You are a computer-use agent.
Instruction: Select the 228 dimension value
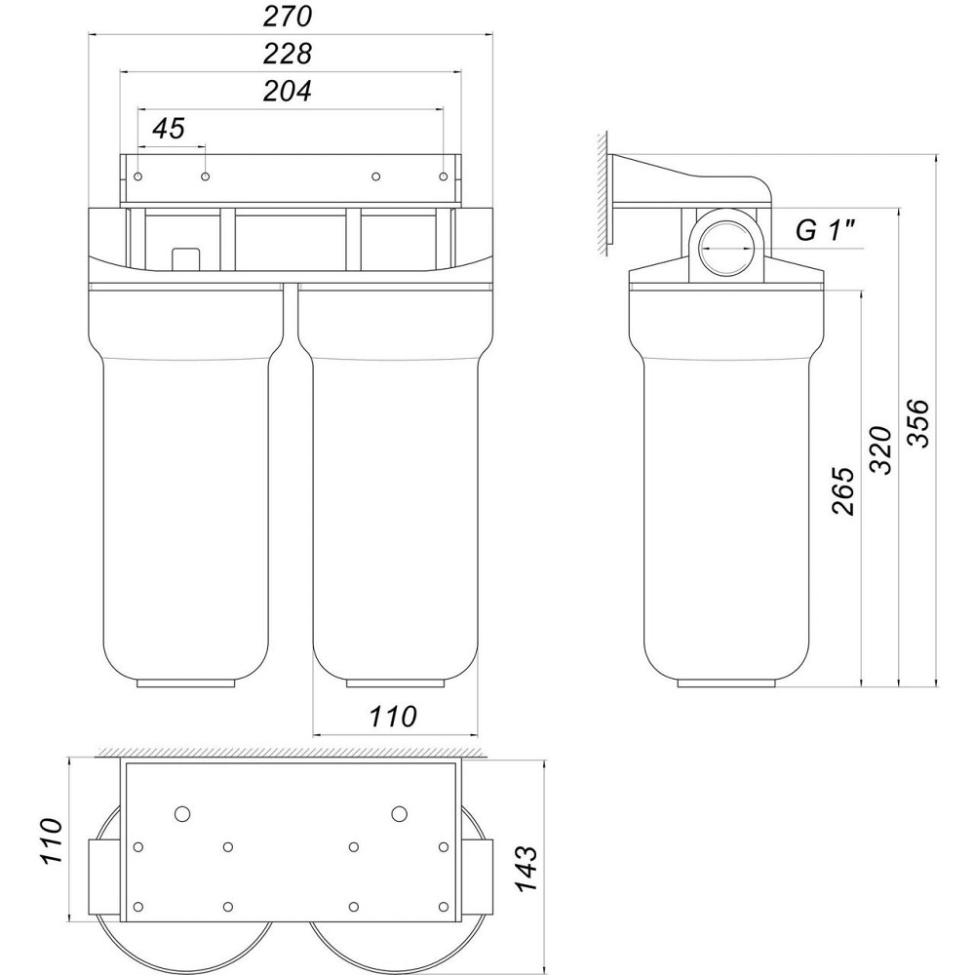[x=289, y=54]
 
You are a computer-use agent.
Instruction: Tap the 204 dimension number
[x=289, y=92]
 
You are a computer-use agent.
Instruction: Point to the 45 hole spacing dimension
[x=169, y=130]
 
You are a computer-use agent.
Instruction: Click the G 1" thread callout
[x=825, y=232]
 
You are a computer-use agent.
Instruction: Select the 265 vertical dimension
[x=843, y=490]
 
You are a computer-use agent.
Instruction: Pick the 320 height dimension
[x=880, y=449]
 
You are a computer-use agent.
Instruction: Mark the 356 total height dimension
[x=918, y=422]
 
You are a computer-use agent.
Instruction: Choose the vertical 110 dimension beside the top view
[x=51, y=844]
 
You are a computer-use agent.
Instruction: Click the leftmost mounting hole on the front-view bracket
[x=139, y=177]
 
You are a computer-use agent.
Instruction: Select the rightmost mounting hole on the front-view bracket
[x=444, y=177]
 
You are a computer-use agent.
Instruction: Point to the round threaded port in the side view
[x=725, y=248]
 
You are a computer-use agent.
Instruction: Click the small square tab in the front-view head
[x=185, y=257]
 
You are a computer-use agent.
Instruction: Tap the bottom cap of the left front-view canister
[x=186, y=682]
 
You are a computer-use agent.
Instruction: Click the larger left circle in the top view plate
[x=181, y=813]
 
